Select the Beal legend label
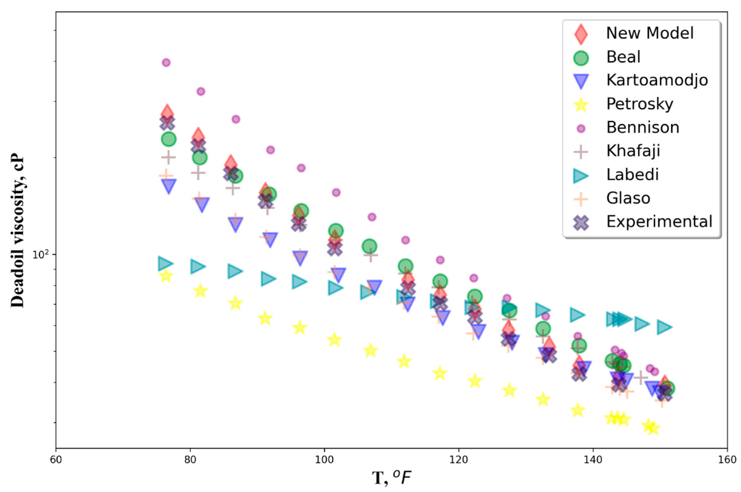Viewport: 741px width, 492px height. tap(623, 57)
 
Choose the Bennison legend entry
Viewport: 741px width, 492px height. tap(643, 127)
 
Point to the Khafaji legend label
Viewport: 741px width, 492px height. tap(633, 151)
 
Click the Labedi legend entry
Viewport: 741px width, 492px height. tap(632, 174)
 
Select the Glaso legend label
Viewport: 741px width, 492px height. tap(628, 198)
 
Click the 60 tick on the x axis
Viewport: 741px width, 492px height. tap(56, 460)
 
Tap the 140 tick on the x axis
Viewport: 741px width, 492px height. tap(593, 460)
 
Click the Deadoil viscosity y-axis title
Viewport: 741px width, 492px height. tap(17, 231)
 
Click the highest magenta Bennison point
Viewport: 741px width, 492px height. tap(166, 62)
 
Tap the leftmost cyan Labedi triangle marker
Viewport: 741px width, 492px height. tap(165, 263)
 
